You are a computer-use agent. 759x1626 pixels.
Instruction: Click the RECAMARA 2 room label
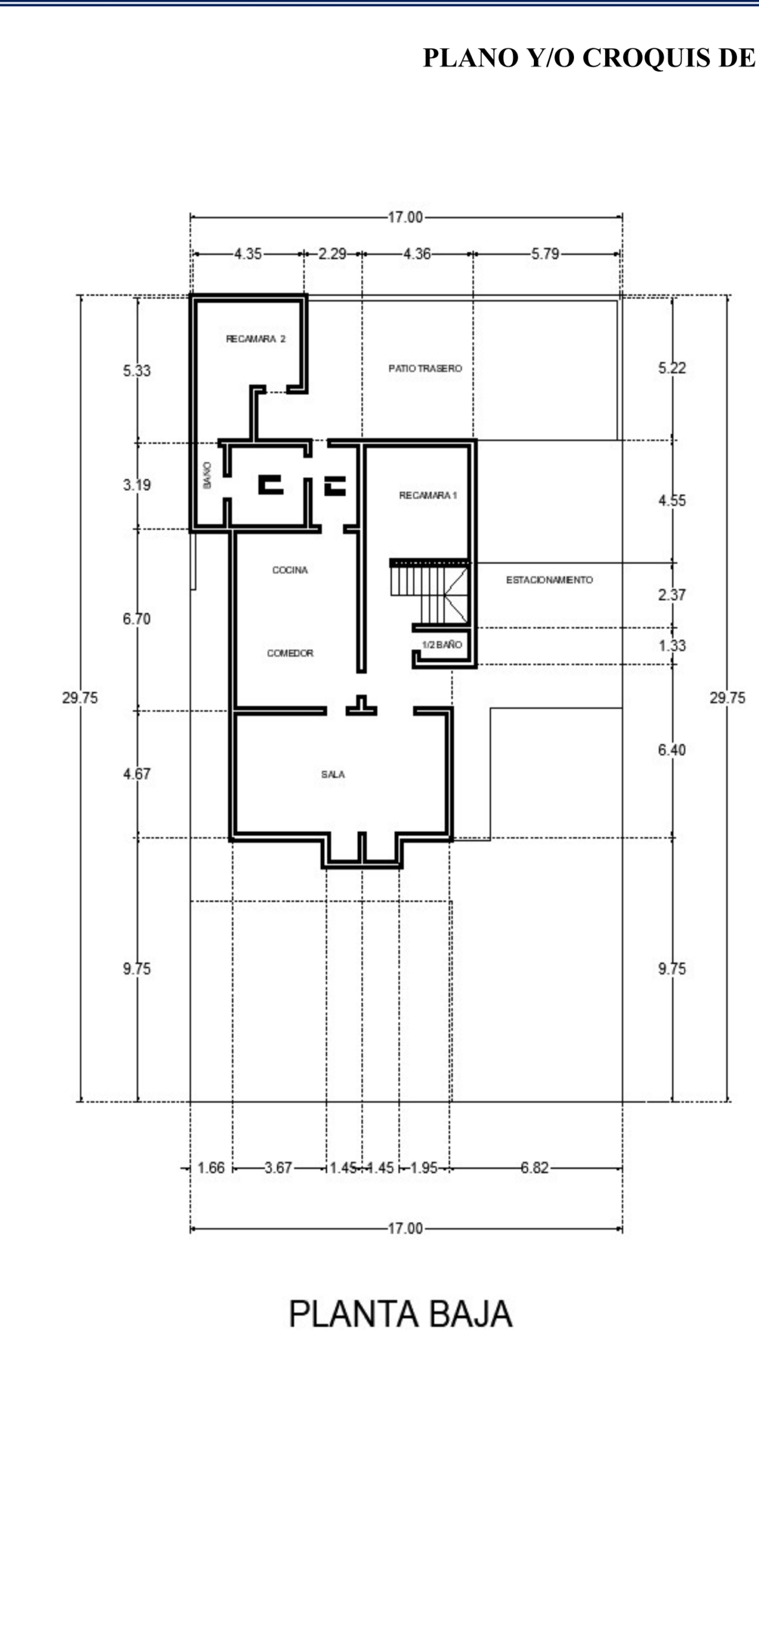[x=256, y=339]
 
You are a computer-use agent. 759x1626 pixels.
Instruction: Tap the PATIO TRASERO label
[x=425, y=368]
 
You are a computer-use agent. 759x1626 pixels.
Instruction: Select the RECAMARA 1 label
[x=428, y=495]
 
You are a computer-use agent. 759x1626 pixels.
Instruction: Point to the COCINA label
[x=290, y=570]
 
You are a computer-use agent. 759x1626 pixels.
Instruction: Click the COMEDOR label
[x=290, y=653]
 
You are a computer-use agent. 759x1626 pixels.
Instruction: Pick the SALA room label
[x=333, y=775]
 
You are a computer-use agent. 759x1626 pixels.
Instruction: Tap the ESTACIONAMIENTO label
[x=549, y=580]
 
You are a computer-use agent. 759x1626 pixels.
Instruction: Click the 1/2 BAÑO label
[x=442, y=645]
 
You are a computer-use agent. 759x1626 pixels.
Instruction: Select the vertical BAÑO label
[x=207, y=475]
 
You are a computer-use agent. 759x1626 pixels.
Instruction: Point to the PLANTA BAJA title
[x=400, y=1314]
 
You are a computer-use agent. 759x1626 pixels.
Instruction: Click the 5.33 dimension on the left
[x=137, y=371]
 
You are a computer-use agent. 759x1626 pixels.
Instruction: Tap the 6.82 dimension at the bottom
[x=534, y=1168]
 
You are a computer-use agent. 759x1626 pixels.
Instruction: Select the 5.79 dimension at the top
[x=545, y=254]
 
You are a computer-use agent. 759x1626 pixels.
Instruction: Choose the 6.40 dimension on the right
[x=672, y=750]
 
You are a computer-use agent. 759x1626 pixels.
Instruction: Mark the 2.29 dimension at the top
[x=332, y=254]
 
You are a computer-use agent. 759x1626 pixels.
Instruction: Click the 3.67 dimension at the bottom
[x=278, y=1168]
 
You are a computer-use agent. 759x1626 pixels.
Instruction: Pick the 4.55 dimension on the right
[x=672, y=501]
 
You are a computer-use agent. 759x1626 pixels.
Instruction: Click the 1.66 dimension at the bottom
[x=211, y=1168]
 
